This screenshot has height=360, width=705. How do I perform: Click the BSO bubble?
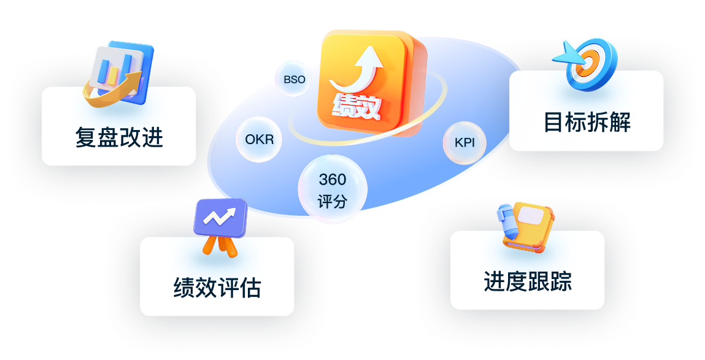294,79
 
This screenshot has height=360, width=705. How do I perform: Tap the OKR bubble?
259,139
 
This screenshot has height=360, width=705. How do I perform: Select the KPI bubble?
464,143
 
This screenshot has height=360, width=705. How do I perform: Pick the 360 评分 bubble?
333,190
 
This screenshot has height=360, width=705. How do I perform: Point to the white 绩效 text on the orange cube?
356,107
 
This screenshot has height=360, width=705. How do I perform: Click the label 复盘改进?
118,137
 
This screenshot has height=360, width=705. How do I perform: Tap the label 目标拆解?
587,122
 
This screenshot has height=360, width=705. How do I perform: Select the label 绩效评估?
217,288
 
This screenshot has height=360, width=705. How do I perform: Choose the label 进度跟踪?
528,281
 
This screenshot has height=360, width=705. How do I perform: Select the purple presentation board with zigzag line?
220,218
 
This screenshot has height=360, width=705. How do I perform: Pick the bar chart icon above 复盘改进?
120,72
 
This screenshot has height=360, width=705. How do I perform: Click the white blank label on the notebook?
533,215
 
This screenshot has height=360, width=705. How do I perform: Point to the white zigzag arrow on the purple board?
219,216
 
